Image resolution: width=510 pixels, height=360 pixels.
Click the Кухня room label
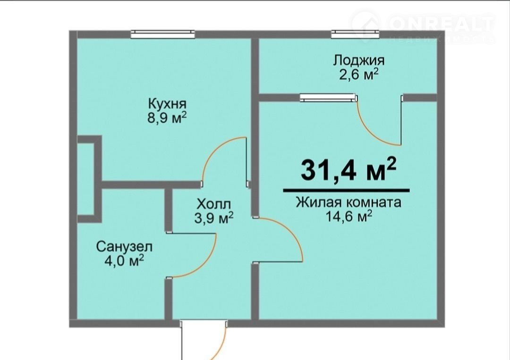point(167,104)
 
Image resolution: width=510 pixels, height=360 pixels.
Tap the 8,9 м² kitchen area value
point(167,117)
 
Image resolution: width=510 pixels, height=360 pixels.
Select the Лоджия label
point(359,60)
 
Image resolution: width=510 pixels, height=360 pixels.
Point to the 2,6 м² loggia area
point(359,74)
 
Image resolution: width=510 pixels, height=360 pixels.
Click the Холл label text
point(214,204)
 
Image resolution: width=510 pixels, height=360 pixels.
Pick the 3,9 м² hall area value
point(214,218)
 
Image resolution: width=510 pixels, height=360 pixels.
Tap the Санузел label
point(124,247)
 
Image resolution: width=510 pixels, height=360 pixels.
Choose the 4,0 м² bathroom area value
point(124,260)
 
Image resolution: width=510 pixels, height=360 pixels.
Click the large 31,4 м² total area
point(348,169)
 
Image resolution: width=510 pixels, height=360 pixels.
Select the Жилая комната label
point(348,202)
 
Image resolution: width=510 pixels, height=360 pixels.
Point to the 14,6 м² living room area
point(349,216)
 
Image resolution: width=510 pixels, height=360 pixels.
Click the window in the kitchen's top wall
point(162,34)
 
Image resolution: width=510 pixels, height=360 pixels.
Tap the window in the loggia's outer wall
point(355,34)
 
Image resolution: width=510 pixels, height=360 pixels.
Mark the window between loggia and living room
point(328,98)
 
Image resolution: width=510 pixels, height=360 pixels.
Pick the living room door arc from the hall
point(290,231)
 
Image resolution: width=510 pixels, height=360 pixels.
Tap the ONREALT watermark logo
point(423,26)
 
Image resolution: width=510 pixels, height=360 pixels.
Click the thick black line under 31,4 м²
point(347,191)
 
